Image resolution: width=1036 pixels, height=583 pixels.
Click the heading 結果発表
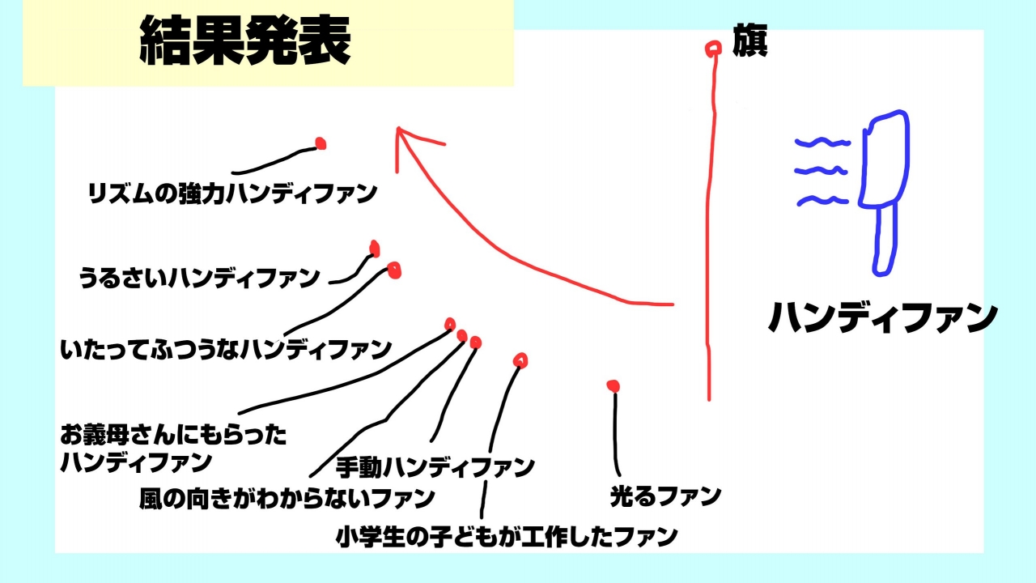pos(244,40)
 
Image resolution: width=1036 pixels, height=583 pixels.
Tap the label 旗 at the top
pos(749,40)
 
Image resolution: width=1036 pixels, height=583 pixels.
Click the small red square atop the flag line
pos(713,49)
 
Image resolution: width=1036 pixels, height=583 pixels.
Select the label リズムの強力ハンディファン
pos(232,194)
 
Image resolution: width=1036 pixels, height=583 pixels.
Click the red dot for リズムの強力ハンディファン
pos(321,143)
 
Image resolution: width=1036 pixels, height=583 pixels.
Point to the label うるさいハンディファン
pos(199,278)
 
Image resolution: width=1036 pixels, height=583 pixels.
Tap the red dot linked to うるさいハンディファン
pos(375,249)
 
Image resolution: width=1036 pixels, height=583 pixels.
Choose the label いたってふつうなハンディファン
pos(226,349)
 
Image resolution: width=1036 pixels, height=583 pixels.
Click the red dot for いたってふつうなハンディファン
pos(394,270)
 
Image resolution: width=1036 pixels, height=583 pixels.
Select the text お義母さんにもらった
pos(173,435)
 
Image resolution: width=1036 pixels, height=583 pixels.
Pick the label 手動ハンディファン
pos(435,467)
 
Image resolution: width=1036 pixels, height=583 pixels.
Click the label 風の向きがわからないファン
pos(287,498)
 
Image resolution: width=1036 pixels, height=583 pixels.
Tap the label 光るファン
pos(665,496)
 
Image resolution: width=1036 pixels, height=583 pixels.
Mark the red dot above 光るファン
pos(614,386)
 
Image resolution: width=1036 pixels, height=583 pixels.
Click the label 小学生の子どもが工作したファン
pos(507,537)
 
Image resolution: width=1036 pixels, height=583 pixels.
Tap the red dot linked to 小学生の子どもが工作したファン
pos(520,360)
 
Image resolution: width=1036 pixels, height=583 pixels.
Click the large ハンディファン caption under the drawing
pos(882,317)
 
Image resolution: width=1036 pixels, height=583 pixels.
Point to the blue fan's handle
pos(885,239)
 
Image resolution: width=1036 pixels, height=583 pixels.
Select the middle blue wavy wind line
pos(821,171)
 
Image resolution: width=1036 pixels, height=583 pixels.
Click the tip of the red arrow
pos(398,128)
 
